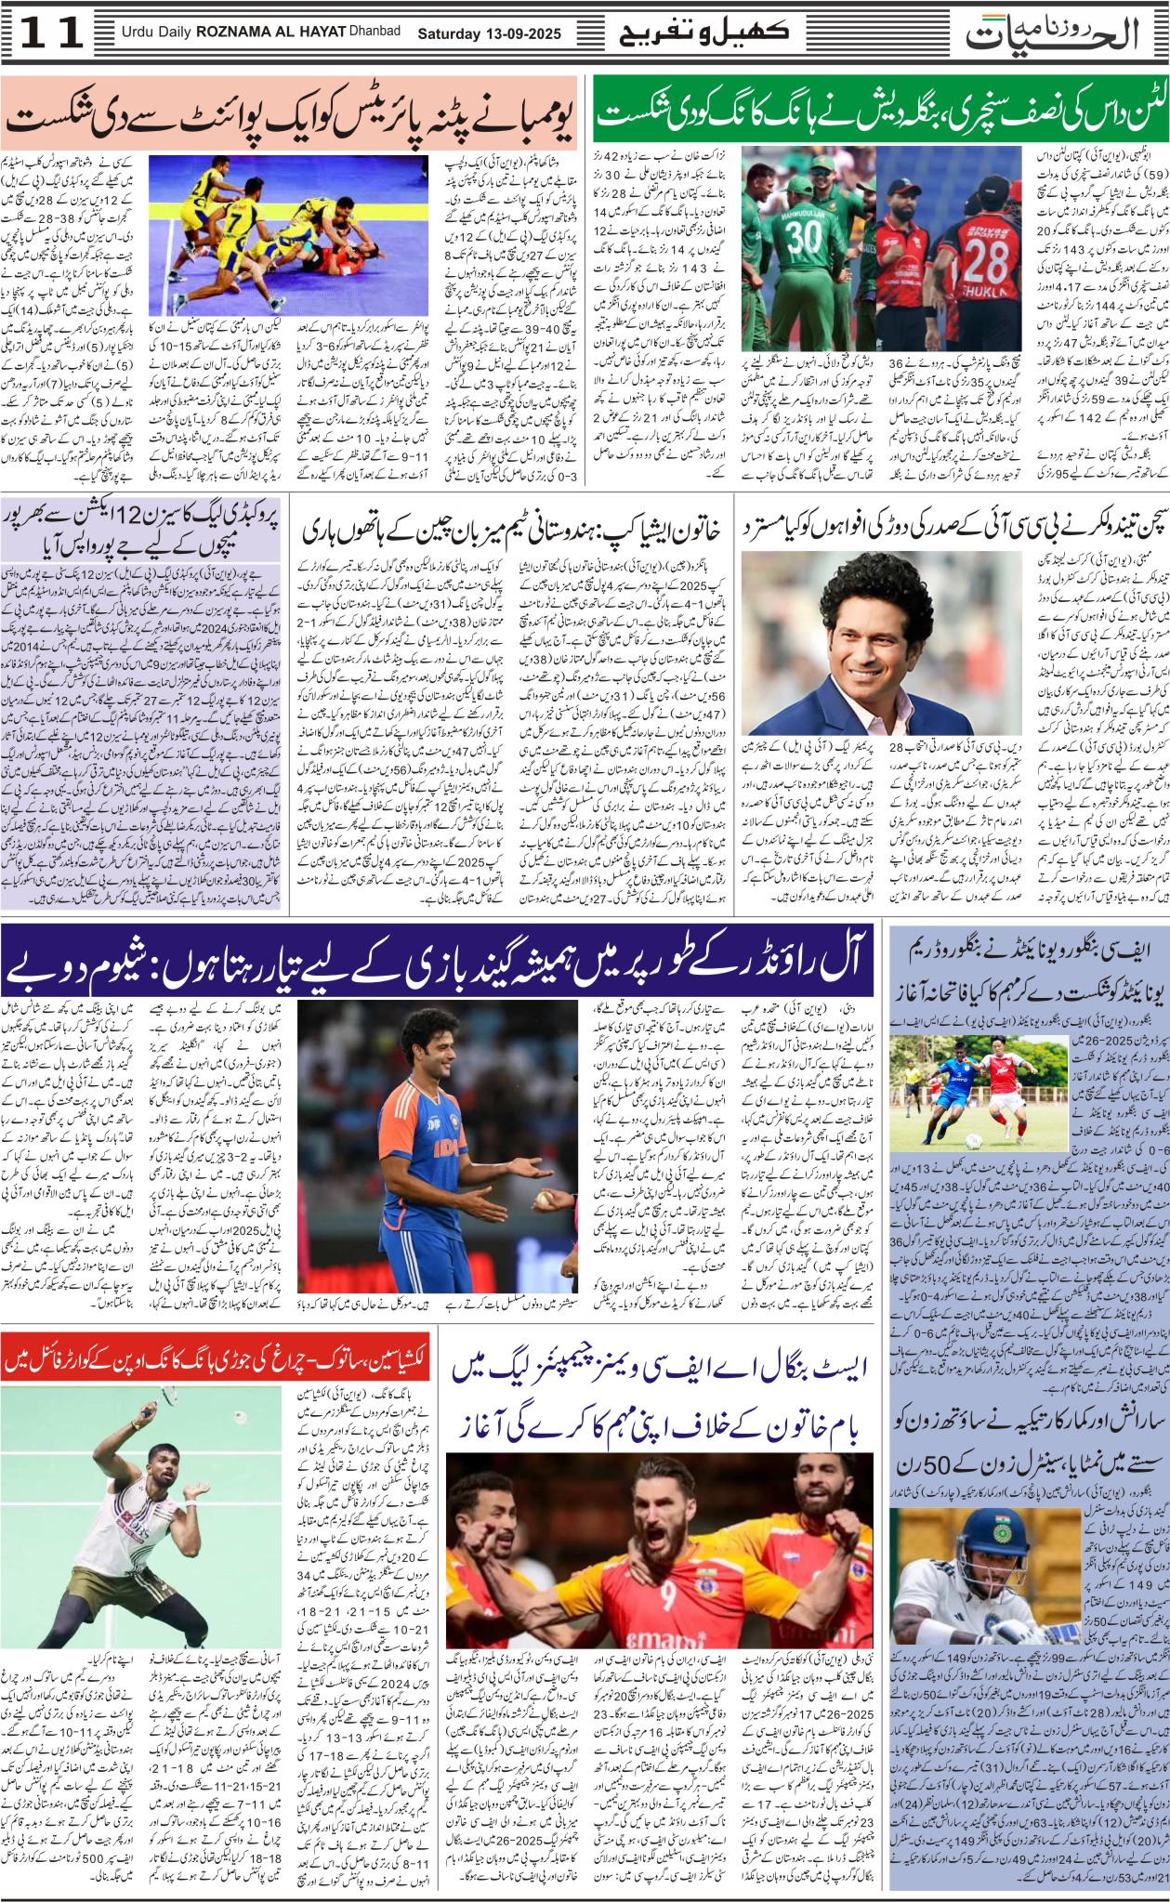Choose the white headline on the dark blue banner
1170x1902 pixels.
(437, 967)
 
